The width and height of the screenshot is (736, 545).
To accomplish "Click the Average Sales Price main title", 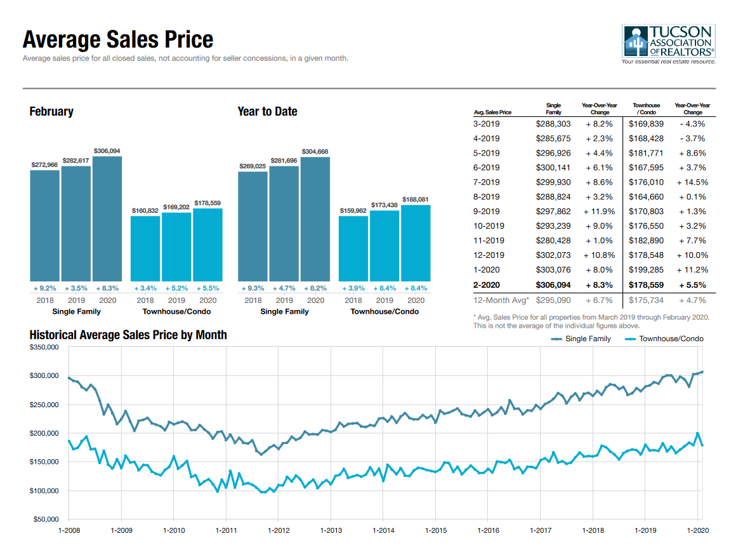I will pos(118,40).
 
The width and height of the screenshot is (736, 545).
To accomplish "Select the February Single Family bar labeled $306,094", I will pos(107,218).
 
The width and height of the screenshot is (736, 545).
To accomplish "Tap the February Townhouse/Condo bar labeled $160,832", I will pos(145,248).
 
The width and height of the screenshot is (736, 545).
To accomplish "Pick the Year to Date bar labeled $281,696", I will pos(284,223).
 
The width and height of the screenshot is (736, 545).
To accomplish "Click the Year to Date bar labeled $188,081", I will pos(416,242).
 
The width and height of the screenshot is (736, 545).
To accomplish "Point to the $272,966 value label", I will pos(44,165).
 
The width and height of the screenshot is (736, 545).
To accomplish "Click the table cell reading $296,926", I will pos(553,153).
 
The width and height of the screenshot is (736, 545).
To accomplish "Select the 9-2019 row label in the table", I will pos(486,212).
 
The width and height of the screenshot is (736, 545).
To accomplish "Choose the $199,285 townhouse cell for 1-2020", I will pos(645,270).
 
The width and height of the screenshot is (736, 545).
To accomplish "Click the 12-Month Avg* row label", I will pos(499,300).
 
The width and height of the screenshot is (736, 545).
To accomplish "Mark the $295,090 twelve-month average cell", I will pos(553,300).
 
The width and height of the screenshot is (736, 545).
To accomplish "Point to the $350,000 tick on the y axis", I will pos(44,347).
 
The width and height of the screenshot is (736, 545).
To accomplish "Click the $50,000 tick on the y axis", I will pos(46,520).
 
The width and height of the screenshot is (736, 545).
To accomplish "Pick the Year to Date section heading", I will pos(267,112).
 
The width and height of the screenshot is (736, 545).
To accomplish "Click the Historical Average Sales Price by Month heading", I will pos(128,335).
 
